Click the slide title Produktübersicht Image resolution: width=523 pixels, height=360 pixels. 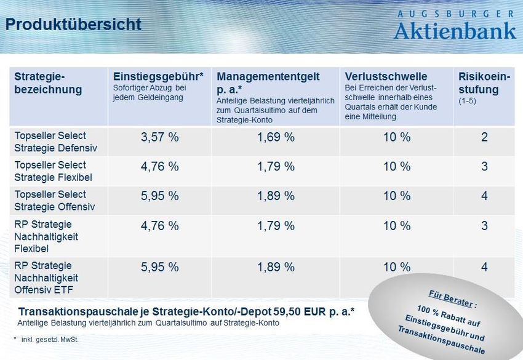click(x=73, y=24)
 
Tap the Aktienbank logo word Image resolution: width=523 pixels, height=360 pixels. click(x=455, y=30)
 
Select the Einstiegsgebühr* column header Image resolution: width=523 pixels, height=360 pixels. click(x=158, y=77)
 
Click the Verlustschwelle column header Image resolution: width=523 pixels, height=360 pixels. click(x=386, y=77)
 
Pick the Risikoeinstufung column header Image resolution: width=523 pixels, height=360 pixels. click(x=484, y=83)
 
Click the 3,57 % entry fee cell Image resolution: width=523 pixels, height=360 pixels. click(x=160, y=137)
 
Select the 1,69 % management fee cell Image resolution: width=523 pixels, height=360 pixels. click(x=276, y=137)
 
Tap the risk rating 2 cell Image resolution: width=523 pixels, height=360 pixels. click(x=484, y=137)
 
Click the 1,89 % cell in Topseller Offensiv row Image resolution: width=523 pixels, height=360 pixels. click(x=276, y=196)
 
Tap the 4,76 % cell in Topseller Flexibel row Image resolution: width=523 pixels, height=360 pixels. click(x=160, y=167)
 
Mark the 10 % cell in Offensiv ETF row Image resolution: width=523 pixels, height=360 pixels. click(x=397, y=267)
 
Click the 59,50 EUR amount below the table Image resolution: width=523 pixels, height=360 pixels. click(x=301, y=311)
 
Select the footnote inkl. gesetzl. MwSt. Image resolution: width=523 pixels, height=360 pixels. click(x=50, y=339)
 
